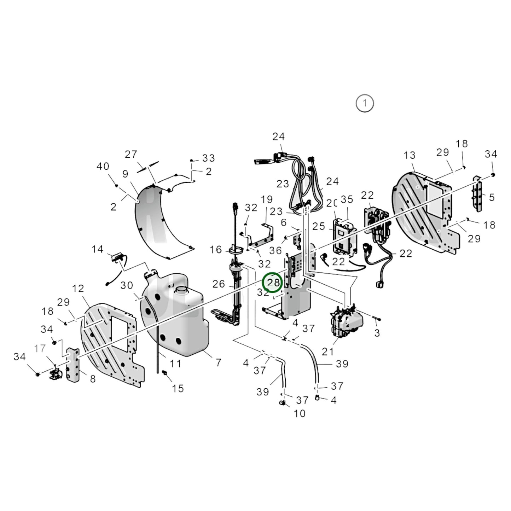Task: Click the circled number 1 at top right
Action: (364, 104)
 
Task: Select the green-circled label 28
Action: (272, 283)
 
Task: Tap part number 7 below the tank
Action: (218, 362)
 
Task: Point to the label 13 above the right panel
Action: (410, 155)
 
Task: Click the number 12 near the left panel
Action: (78, 289)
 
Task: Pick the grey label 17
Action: (40, 348)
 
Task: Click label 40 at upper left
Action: (103, 166)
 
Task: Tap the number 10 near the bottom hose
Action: (300, 413)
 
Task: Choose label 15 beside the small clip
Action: (178, 388)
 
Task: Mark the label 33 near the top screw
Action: (209, 158)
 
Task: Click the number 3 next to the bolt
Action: (377, 333)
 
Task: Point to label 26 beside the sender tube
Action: (219, 284)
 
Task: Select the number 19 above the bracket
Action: (267, 199)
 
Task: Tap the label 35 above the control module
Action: (347, 199)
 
